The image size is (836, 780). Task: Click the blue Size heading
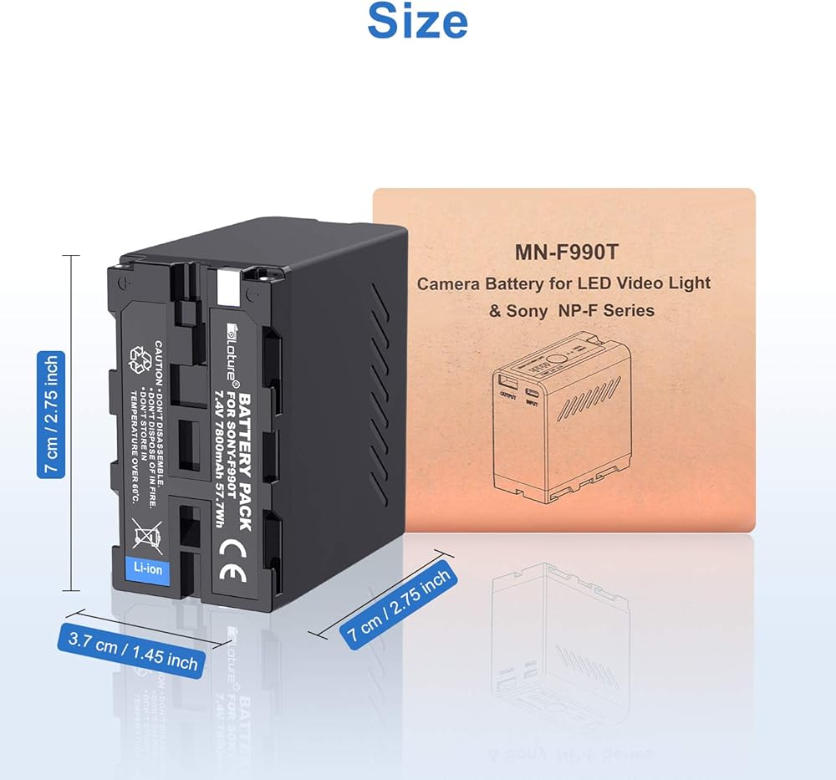[417, 23]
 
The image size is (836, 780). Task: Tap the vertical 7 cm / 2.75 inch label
[50, 415]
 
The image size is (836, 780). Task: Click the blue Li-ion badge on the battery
[147, 568]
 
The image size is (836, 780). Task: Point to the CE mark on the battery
[227, 556]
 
